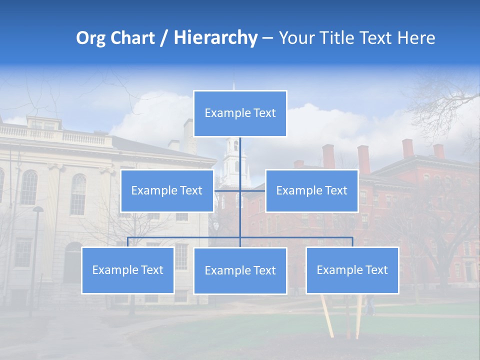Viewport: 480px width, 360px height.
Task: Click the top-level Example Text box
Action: tap(240, 113)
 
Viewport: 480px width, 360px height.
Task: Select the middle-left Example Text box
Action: tap(167, 191)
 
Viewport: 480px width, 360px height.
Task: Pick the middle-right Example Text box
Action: tap(311, 191)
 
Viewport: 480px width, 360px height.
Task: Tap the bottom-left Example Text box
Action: tap(128, 270)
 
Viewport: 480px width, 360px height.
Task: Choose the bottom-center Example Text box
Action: tap(240, 271)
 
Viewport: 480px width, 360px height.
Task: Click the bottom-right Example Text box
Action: tap(352, 270)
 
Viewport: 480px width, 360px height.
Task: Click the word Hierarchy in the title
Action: tap(215, 38)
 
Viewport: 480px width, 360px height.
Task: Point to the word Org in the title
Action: tap(91, 38)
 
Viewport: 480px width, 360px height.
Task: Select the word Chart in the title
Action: tap(132, 38)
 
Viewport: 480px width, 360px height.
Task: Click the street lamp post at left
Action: tap(35, 250)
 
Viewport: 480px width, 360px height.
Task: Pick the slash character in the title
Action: tap(164, 38)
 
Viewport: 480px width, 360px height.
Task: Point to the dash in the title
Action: tap(267, 38)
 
